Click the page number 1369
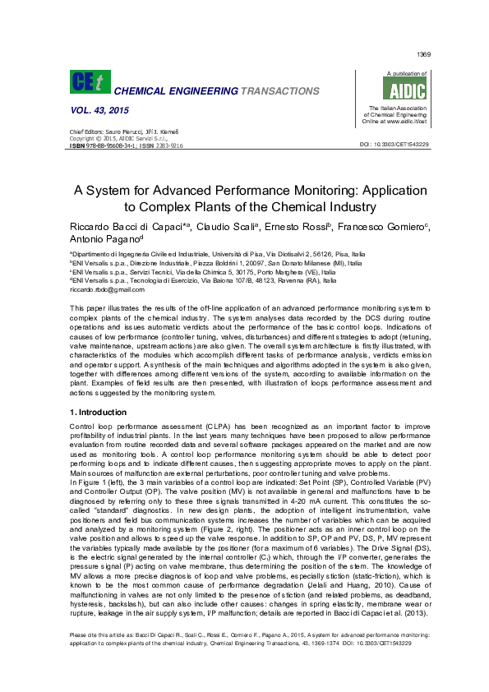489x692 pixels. point(424,54)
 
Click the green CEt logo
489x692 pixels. point(86,81)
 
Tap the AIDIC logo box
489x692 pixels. point(392,88)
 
